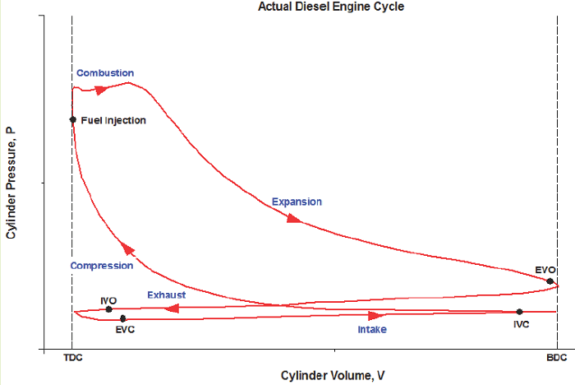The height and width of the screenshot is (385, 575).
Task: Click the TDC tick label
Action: pyautogui.click(x=72, y=359)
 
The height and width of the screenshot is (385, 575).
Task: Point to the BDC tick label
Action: pyautogui.click(x=557, y=359)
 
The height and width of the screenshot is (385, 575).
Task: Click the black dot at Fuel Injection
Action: pyautogui.click(x=72, y=119)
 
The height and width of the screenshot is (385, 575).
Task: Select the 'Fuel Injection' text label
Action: pyautogui.click(x=113, y=121)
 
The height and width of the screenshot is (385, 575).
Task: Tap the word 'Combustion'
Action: pyautogui.click(x=105, y=73)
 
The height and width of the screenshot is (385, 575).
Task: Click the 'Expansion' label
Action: pyautogui.click(x=297, y=202)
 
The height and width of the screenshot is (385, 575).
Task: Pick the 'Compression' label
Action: pyautogui.click(x=102, y=266)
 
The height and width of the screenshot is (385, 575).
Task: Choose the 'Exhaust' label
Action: pyautogui.click(x=166, y=295)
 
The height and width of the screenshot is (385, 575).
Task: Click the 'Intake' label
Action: pyautogui.click(x=371, y=329)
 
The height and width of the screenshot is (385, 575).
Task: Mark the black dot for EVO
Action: pyautogui.click(x=550, y=281)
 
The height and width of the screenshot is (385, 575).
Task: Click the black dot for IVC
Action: pyautogui.click(x=519, y=312)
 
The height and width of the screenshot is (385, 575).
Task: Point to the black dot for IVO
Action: pyautogui.click(x=108, y=309)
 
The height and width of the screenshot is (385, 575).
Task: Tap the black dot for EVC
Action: pyautogui.click(x=122, y=318)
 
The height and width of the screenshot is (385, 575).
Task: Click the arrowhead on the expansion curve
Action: pyautogui.click(x=292, y=218)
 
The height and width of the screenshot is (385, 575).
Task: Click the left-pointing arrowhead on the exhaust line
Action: pyautogui.click(x=172, y=308)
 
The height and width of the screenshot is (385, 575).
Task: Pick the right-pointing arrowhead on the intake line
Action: pyautogui.click(x=375, y=316)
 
